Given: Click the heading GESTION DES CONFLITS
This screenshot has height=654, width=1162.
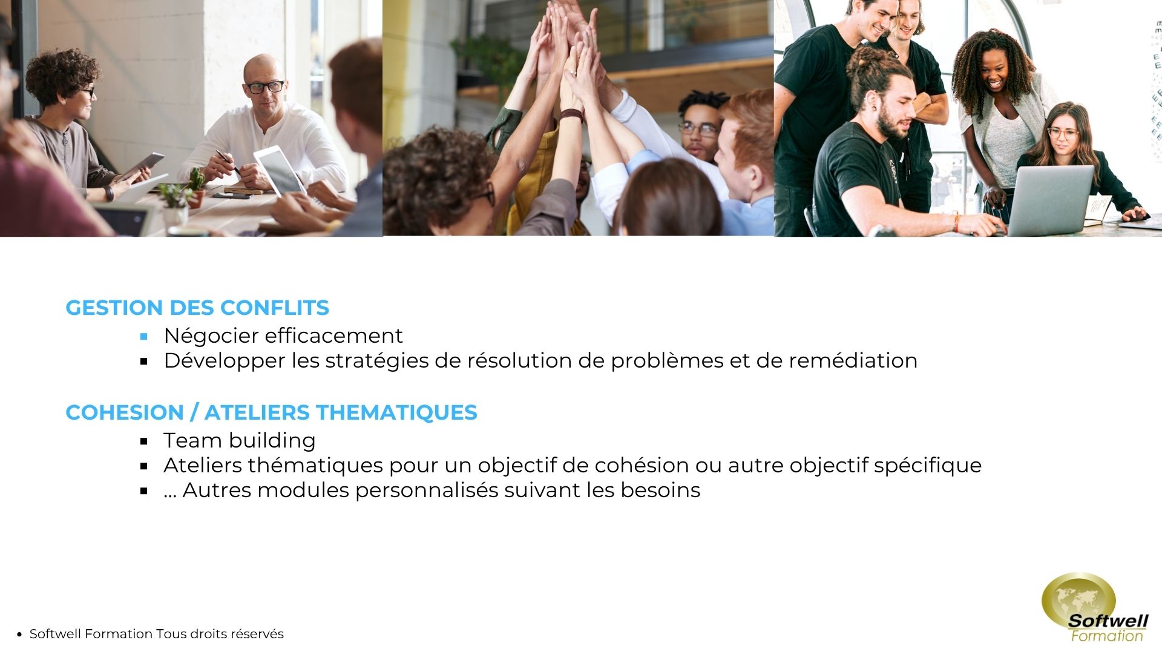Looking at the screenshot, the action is click(197, 308).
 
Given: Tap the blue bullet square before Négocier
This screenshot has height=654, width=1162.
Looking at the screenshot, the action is click(144, 336).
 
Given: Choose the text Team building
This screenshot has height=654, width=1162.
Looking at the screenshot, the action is click(240, 440).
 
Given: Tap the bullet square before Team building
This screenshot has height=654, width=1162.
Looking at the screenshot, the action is click(144, 441).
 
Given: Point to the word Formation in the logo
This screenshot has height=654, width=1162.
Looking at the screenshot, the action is click(1107, 636).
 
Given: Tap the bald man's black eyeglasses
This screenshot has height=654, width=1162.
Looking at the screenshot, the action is click(264, 87).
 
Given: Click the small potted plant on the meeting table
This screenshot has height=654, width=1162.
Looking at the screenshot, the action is click(196, 188).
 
